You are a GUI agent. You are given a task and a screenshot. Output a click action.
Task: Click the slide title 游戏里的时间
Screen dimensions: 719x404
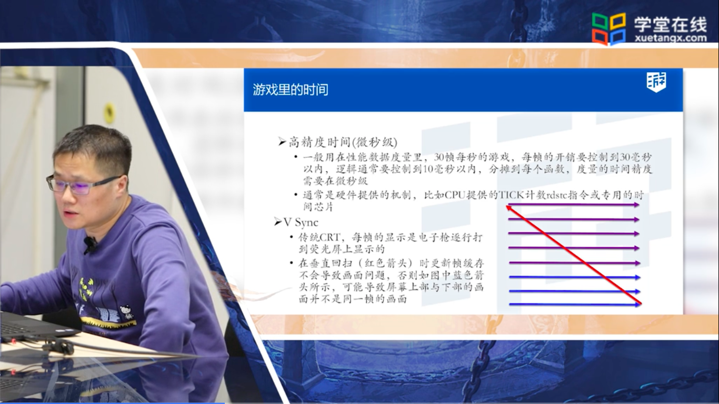click(290, 89)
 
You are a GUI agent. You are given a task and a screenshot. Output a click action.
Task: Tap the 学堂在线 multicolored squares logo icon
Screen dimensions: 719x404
click(609, 29)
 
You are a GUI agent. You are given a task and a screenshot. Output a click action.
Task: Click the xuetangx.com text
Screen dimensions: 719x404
click(671, 38)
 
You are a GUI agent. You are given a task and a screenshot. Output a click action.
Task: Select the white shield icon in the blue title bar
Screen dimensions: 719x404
click(656, 82)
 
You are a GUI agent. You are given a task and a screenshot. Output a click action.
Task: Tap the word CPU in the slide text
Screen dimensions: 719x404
click(455, 195)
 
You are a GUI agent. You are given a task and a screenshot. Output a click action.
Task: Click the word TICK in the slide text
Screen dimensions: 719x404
click(512, 195)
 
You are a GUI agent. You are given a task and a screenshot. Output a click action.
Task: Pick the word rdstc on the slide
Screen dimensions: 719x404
click(556, 195)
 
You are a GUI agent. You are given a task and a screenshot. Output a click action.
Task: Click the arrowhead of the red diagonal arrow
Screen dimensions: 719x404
click(508, 208)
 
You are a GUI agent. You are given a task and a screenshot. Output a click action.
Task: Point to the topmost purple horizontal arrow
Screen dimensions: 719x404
click(574, 205)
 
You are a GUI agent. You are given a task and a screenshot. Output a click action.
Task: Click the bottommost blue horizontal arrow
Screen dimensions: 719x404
click(575, 304)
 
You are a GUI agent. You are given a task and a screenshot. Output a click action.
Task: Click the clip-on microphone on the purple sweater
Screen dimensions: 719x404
click(90, 244)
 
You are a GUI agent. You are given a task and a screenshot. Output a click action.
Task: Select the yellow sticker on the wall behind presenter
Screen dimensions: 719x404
click(109, 113)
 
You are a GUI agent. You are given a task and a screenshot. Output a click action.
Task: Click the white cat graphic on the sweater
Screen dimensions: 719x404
click(126, 312)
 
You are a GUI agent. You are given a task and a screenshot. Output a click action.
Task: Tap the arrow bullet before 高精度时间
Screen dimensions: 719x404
click(282, 142)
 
